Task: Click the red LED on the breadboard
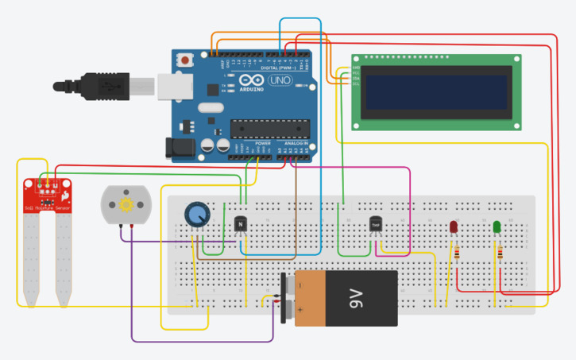click(454, 227)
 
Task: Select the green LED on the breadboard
click(497, 227)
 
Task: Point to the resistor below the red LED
click(457, 254)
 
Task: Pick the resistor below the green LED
click(500, 254)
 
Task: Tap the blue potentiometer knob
click(196, 215)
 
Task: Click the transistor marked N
click(240, 225)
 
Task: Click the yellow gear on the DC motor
click(125, 205)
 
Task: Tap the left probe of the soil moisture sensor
click(31, 262)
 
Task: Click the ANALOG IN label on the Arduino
click(295, 144)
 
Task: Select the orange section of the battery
click(317, 298)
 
